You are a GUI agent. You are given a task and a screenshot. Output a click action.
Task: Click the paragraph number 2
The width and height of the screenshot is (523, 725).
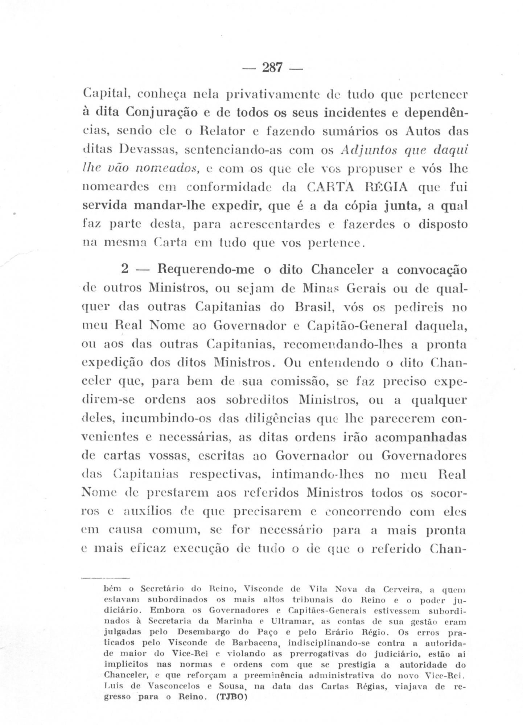[125, 270]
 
